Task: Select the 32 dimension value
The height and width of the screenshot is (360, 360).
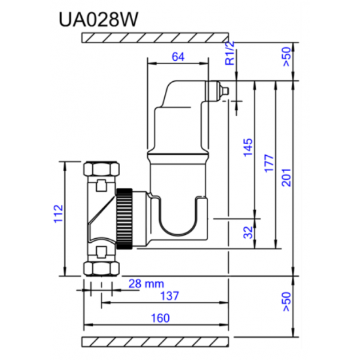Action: click(247, 234)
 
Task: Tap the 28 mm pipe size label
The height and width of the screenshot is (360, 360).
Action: click(145, 283)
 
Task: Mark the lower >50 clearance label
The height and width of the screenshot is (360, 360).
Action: click(286, 302)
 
